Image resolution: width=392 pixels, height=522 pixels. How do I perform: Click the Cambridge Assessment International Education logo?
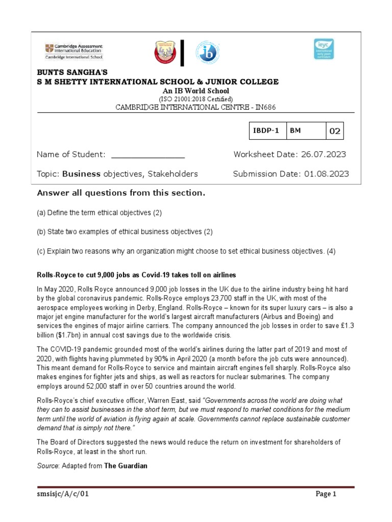tap(73, 52)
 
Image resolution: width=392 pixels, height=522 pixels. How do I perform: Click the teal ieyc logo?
tap(324, 49)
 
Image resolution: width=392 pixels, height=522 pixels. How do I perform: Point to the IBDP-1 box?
tap(266, 130)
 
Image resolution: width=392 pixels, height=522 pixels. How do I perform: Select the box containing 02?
tap(335, 131)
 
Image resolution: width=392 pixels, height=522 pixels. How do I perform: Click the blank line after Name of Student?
tap(148, 154)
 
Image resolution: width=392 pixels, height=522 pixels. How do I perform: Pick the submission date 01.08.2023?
tap(326, 174)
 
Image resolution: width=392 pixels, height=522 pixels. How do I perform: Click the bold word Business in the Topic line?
tap(81, 174)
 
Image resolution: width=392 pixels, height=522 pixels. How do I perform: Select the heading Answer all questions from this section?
tap(121, 193)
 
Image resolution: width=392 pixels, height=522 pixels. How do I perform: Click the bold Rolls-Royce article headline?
tap(136, 275)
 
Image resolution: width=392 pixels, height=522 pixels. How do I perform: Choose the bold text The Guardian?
tap(126, 466)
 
